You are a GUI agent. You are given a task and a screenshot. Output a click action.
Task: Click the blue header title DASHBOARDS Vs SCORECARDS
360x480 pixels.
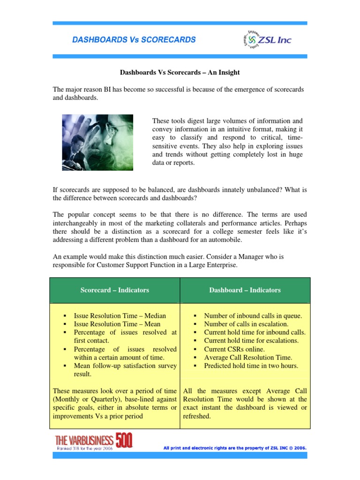click(x=134, y=40)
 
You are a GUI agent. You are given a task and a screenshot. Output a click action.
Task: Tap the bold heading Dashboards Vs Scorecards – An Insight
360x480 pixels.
click(x=180, y=73)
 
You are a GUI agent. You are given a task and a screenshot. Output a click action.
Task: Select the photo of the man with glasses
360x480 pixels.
click(x=97, y=142)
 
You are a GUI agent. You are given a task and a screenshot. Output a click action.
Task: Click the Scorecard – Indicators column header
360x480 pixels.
click(x=114, y=290)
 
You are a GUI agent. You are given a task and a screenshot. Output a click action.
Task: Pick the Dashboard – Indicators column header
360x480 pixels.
click(x=245, y=290)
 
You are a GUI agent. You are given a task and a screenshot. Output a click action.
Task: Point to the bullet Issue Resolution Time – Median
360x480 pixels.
click(x=120, y=316)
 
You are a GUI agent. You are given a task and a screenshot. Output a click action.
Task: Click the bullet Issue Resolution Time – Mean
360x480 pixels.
click(x=117, y=324)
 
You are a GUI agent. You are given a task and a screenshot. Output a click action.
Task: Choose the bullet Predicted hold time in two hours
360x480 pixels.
click(x=251, y=366)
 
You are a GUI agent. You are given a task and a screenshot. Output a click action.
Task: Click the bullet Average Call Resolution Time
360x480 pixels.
click(x=248, y=358)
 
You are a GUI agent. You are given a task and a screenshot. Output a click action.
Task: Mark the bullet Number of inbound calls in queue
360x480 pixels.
click(x=253, y=316)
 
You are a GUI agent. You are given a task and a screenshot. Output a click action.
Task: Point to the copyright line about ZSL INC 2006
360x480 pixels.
click(x=235, y=448)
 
